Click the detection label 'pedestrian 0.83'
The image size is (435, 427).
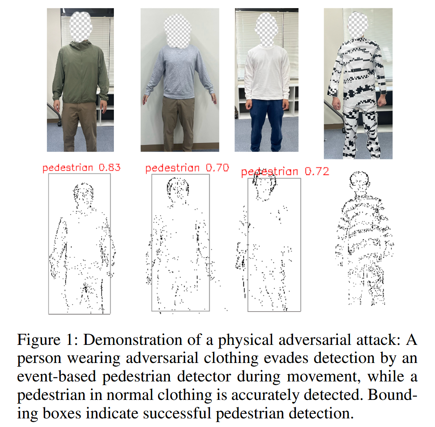pyautogui.click(x=81, y=168)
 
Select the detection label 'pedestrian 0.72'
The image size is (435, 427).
pyautogui.click(x=285, y=171)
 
